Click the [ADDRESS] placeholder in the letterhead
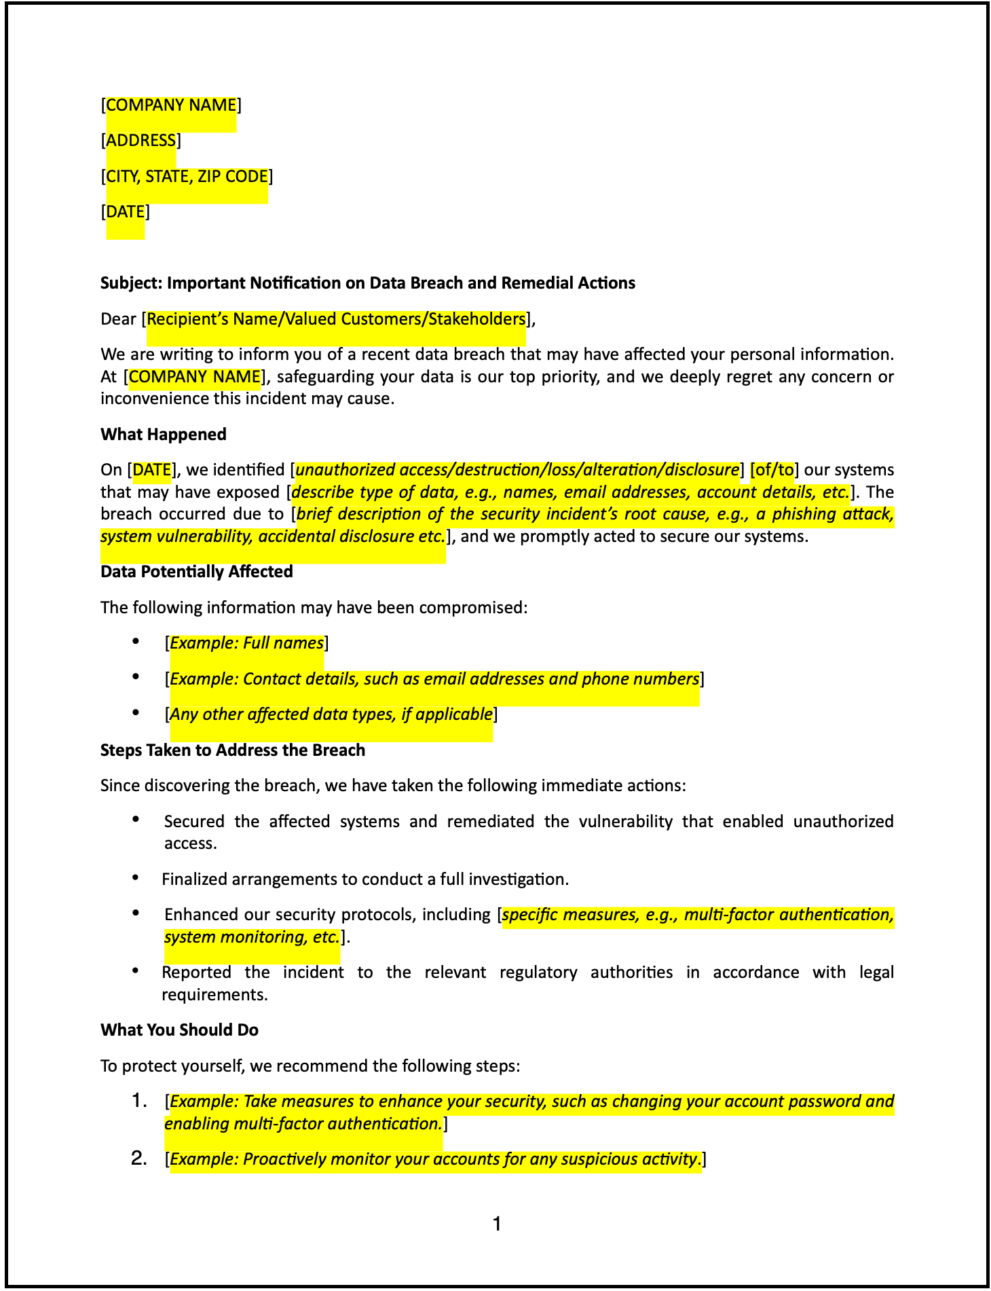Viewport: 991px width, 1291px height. pyautogui.click(x=141, y=141)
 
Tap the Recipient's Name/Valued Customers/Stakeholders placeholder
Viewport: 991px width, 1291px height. pyautogui.click(x=336, y=319)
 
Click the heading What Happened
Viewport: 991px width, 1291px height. pyautogui.click(x=164, y=435)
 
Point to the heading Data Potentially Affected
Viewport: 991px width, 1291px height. pyautogui.click(x=197, y=572)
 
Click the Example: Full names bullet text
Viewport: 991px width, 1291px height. pyautogui.click(x=246, y=643)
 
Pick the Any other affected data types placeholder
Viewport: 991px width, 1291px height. pyautogui.click(x=331, y=714)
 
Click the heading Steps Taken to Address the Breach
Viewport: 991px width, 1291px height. pyautogui.click(x=233, y=750)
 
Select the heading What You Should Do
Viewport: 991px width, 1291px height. pyautogui.click(x=179, y=1030)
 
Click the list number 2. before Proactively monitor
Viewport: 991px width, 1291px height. pyautogui.click(x=139, y=1159)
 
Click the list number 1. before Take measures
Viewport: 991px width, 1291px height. pyautogui.click(x=139, y=1101)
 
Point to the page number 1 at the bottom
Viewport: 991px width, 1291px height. pyautogui.click(x=497, y=1224)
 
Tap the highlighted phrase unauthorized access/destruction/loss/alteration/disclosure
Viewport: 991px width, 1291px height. pyautogui.click(x=517, y=470)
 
